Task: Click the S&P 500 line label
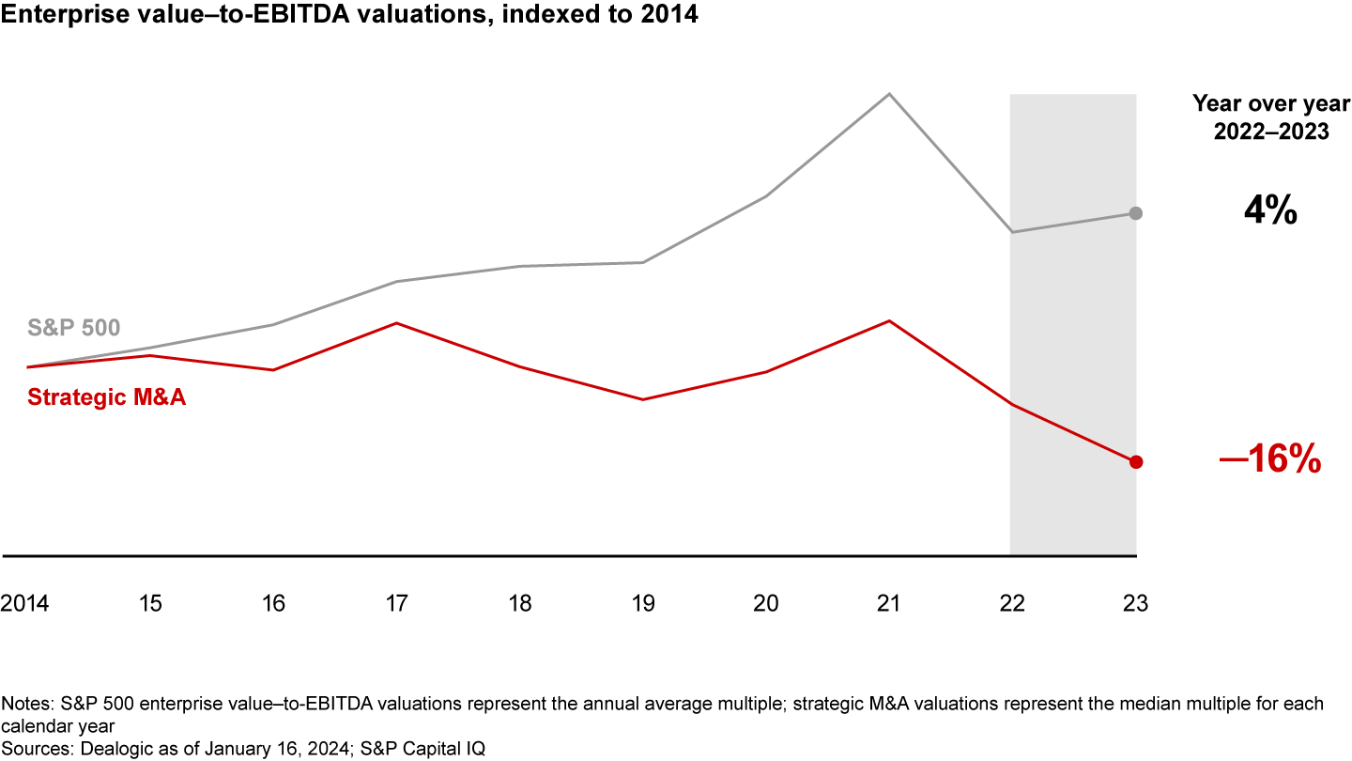point(73,329)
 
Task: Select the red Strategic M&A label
point(107,397)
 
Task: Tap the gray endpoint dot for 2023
point(1135,213)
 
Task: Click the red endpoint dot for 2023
point(1135,461)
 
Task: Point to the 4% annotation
point(1269,212)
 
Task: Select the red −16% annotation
point(1269,461)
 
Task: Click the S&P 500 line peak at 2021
point(888,94)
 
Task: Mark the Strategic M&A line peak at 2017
point(396,323)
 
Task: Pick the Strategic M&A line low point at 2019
point(642,399)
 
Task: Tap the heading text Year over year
point(1270,103)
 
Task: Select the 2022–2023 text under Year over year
point(1270,132)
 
